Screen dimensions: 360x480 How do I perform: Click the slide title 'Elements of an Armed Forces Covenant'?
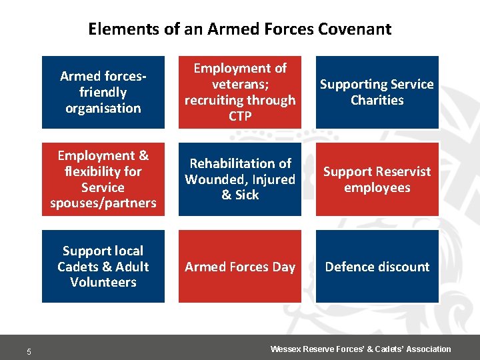click(x=239, y=29)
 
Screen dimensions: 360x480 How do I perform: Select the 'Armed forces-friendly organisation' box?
click(x=103, y=92)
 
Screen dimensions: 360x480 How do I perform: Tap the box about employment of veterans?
click(x=240, y=92)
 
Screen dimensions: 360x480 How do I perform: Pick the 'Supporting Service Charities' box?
click(x=377, y=92)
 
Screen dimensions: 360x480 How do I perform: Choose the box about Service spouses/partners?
click(x=103, y=179)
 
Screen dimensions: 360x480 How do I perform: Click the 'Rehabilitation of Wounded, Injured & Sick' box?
click(x=240, y=179)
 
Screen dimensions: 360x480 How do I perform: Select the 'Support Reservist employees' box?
click(x=377, y=179)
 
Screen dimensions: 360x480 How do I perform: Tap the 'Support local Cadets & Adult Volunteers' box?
click(x=103, y=266)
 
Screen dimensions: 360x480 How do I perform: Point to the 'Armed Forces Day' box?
click(x=240, y=266)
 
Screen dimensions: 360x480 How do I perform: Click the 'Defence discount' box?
click(x=377, y=266)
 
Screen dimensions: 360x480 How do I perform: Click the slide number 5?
click(x=29, y=352)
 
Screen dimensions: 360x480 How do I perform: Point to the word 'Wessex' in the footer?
click(x=285, y=349)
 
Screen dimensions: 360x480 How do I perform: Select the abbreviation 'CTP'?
click(x=240, y=117)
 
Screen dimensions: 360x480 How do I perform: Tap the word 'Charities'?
click(x=377, y=101)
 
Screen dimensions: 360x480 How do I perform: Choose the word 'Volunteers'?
click(x=103, y=282)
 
